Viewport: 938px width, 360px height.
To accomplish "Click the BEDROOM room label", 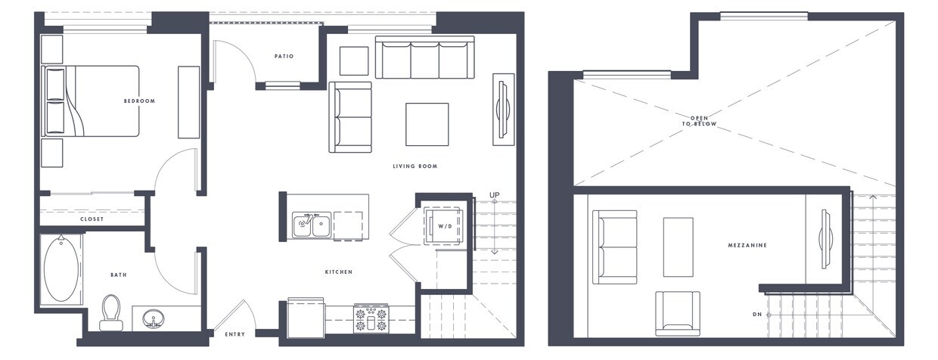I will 140,101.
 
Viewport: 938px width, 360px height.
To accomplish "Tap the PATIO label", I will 284,56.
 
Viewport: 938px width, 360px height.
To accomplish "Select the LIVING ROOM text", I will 415,166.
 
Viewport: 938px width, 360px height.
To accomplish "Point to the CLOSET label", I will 92,219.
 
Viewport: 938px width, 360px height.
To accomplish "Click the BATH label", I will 118,275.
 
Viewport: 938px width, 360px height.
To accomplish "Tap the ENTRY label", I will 234,334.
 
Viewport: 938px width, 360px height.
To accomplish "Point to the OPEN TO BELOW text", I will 703,120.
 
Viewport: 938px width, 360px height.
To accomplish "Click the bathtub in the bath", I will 62,268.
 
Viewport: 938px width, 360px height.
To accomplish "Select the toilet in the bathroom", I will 112,312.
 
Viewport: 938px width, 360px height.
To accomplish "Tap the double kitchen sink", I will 312,225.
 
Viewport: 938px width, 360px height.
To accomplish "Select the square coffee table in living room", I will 427,124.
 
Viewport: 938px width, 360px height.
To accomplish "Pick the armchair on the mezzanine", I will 678,313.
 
